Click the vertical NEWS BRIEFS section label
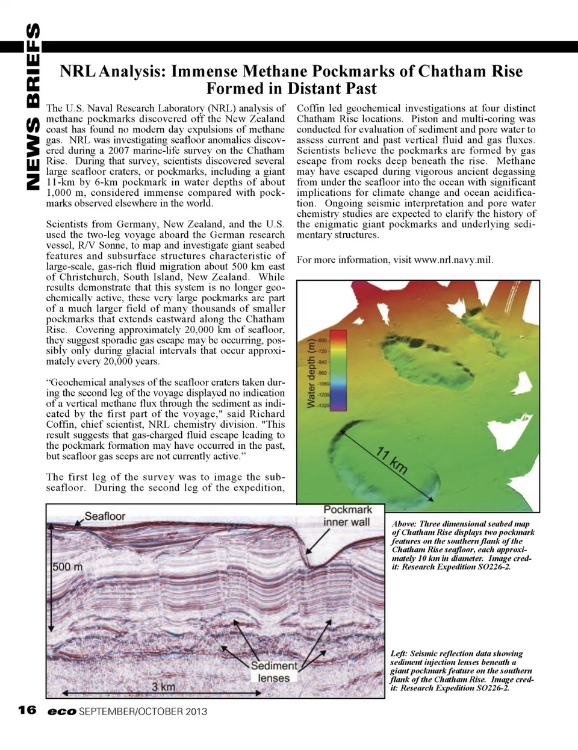tap(33, 106)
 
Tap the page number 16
tap(27, 710)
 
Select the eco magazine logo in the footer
tap(62, 711)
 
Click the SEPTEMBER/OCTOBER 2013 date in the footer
tap(143, 711)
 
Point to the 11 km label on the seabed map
tap(392, 461)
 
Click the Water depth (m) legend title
tap(311, 373)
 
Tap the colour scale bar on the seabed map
tap(338, 370)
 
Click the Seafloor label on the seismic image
tap(105, 516)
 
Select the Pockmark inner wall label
tap(347, 516)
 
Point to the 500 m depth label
tap(67, 567)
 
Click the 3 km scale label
tap(163, 687)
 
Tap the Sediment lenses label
tap(274, 672)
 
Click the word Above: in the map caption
tap(404, 524)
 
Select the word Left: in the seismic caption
tap(399, 654)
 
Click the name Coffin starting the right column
tap(311, 108)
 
